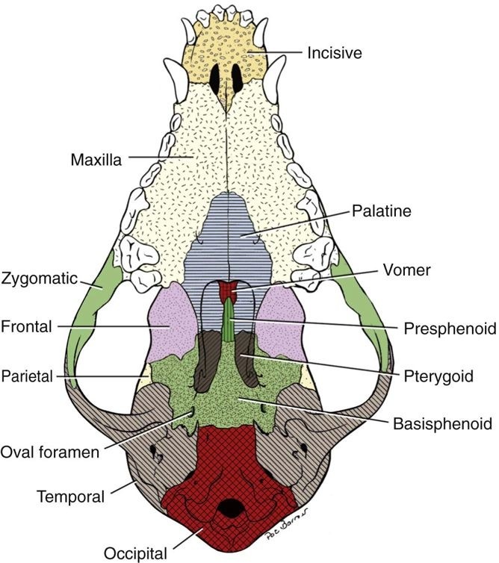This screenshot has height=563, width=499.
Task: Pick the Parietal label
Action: click(27, 376)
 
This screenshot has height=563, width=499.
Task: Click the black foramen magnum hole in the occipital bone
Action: click(235, 510)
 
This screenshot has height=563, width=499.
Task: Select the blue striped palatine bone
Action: click(239, 231)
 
